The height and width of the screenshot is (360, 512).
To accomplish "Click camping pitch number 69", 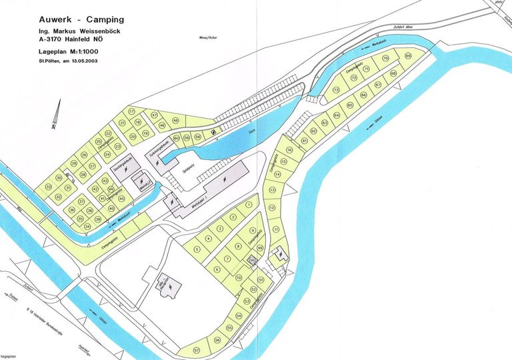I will tap(407, 56).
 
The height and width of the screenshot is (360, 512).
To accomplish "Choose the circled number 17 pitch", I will tap(131, 111).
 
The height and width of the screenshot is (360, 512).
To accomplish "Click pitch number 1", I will tap(249, 205).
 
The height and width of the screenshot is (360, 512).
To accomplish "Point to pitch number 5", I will tap(197, 249).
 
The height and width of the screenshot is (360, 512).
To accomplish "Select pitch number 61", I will tap(304, 141).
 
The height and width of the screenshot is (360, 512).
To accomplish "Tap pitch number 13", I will tap(272, 190).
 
